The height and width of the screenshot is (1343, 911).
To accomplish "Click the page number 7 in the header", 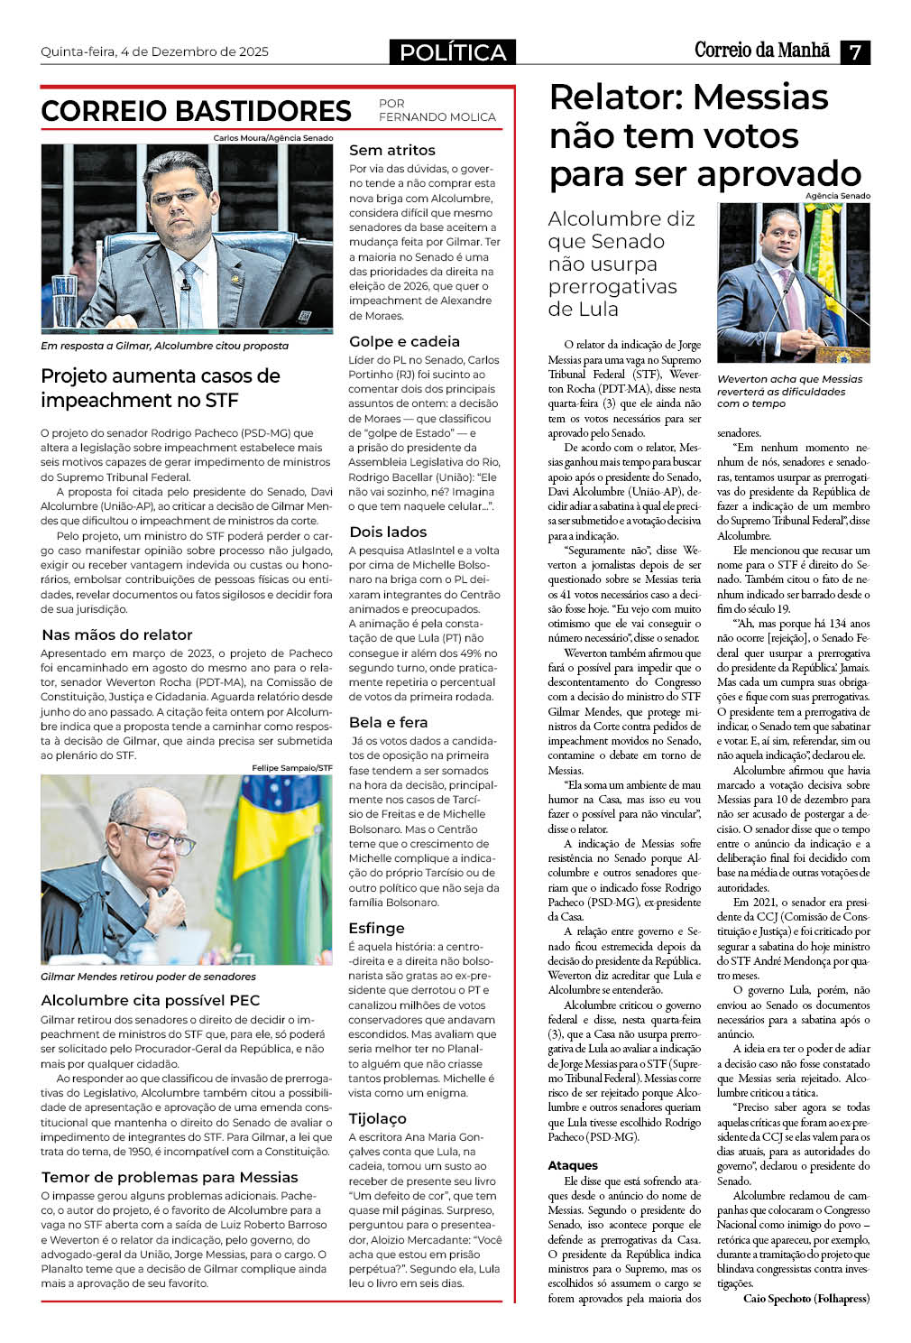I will point(854,52).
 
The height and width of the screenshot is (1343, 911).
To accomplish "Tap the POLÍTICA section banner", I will point(453,52).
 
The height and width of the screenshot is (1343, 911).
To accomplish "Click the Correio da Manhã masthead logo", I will point(761,51).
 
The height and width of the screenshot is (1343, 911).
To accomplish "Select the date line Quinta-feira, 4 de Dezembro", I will point(154,51).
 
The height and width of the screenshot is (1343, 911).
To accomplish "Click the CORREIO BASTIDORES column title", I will point(196,111).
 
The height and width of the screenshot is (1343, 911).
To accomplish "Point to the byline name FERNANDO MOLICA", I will point(437,116).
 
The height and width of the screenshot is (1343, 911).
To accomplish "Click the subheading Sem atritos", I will point(391,150).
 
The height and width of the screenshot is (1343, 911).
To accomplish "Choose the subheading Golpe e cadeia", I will point(404,341).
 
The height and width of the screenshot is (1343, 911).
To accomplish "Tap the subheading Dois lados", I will point(388,532).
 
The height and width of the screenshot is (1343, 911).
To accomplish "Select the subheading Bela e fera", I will point(388,722).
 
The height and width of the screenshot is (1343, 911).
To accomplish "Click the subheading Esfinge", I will point(376,928).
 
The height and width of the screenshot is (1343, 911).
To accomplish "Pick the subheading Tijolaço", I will point(377,1118).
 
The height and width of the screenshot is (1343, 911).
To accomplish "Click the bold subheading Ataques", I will point(573,1165).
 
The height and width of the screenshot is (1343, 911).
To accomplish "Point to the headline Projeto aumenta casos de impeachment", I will point(161,387).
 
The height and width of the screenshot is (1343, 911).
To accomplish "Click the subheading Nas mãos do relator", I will point(117,634).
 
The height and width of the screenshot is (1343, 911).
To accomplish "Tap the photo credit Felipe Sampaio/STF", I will point(292,767).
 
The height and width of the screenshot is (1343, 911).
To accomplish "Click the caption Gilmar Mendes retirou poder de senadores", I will point(148,977).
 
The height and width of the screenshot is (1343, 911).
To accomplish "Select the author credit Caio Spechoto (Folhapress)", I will point(805,1298).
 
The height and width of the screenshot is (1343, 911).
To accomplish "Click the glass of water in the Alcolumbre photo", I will point(64,301).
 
